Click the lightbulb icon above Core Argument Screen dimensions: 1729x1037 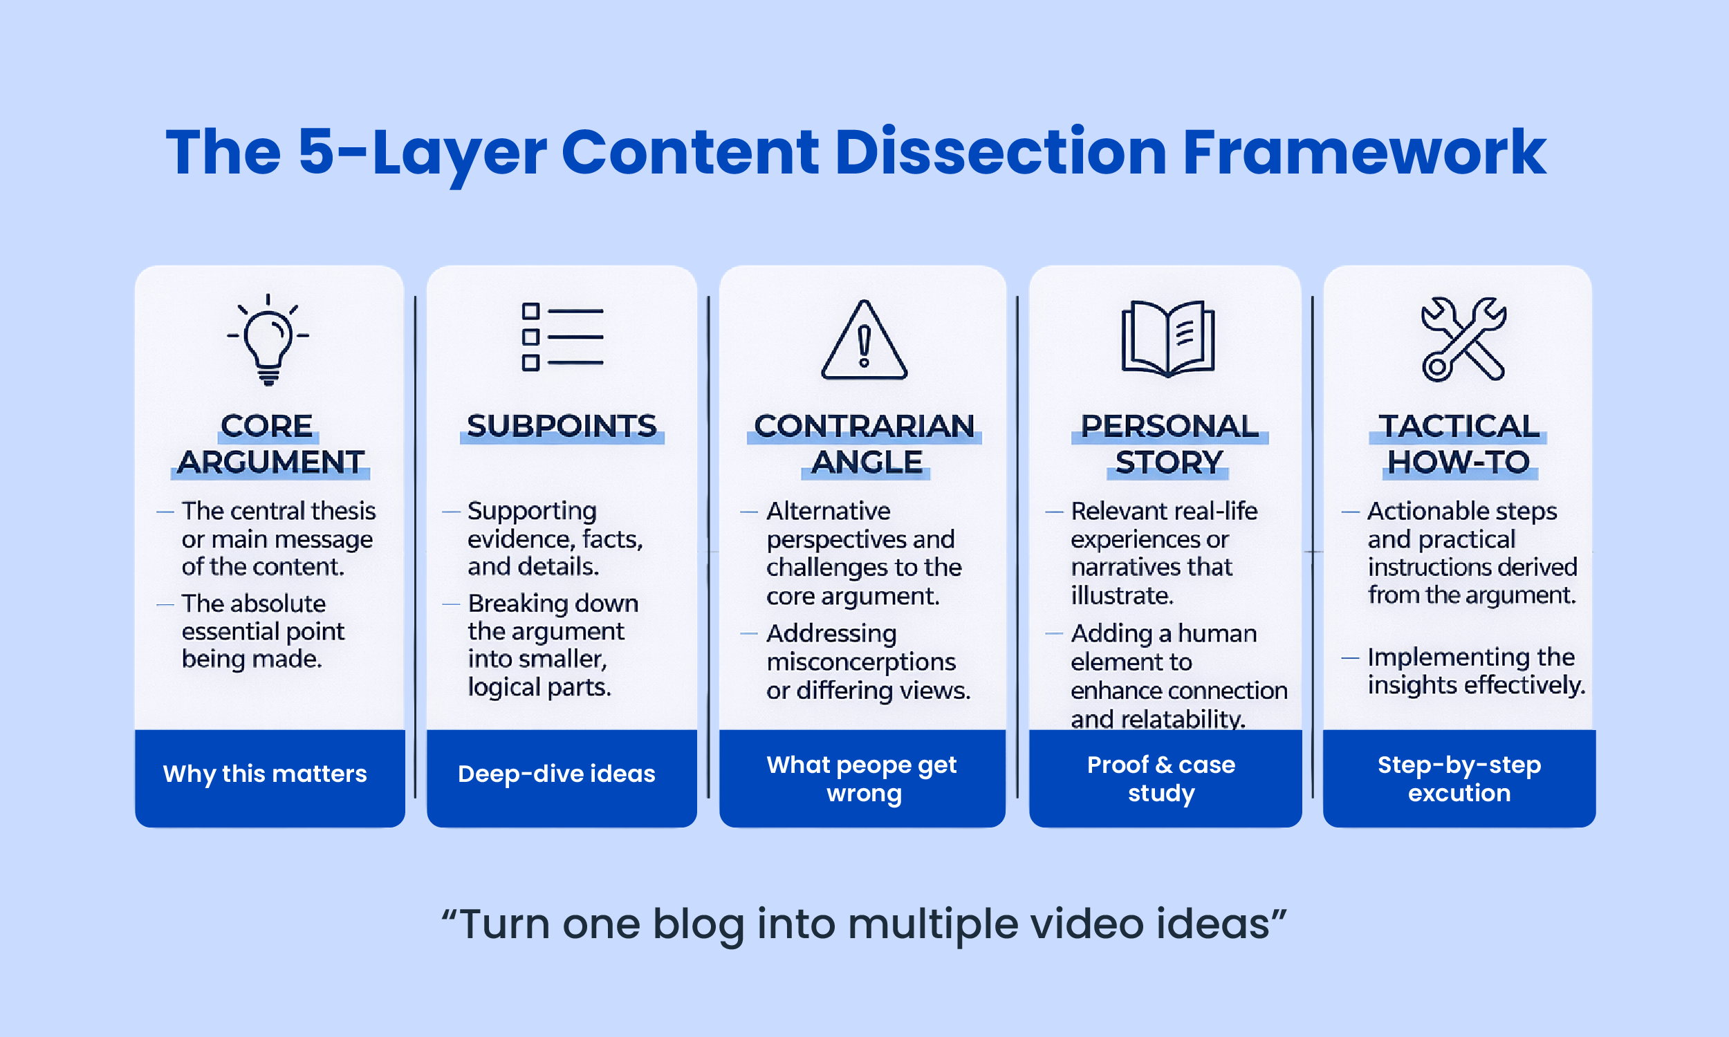[268, 340]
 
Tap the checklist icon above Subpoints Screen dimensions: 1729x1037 [562, 337]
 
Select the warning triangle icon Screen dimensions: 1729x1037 [864, 341]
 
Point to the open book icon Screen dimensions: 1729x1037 [1168, 339]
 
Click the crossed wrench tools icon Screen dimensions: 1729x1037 [1463, 339]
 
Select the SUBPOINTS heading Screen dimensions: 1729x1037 [562, 427]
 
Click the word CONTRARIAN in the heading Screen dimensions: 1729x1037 [864, 427]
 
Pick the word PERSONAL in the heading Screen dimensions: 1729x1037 [1169, 427]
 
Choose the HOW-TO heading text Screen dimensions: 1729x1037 [1459, 463]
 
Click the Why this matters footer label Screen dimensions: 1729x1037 [265, 774]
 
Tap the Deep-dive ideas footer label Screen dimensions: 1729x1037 [556, 774]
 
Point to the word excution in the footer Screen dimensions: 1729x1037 [1459, 793]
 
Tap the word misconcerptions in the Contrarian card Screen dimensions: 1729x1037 [861, 662]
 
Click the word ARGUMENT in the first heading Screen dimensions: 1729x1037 [270, 463]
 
